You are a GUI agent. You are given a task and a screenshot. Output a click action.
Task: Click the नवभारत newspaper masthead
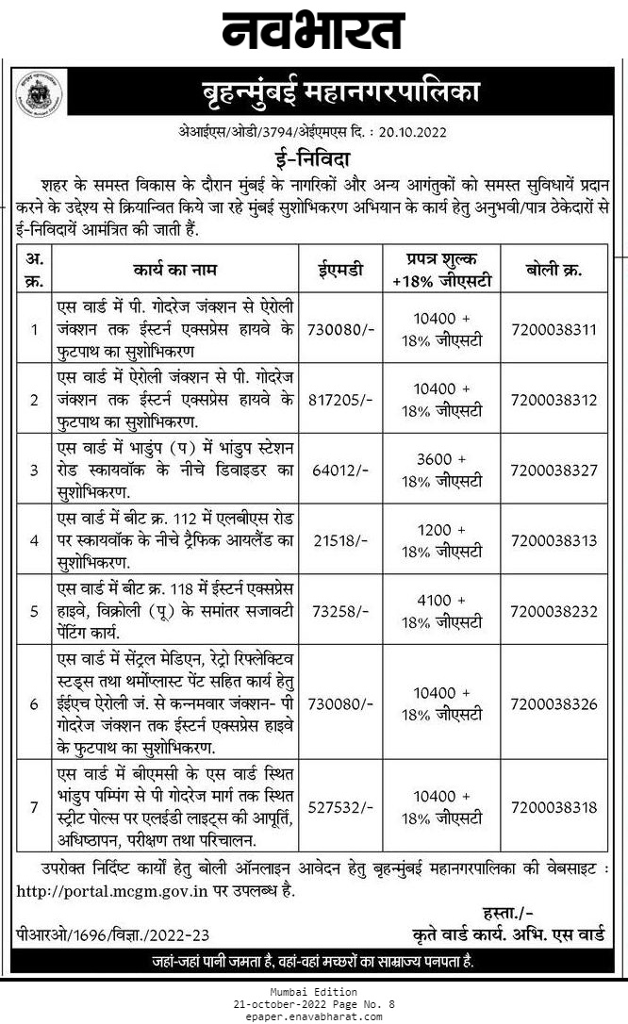(313, 31)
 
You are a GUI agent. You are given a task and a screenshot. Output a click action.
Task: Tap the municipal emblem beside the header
(38, 93)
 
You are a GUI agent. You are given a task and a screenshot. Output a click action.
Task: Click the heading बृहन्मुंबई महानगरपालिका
(340, 92)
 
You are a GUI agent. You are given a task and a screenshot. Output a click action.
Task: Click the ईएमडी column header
(340, 270)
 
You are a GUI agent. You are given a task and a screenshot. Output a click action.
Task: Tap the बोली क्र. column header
(554, 270)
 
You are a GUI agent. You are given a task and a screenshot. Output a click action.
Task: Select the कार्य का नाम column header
(175, 270)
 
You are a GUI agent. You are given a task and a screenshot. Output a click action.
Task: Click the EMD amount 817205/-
(340, 400)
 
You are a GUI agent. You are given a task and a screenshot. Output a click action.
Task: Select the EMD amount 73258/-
(340, 610)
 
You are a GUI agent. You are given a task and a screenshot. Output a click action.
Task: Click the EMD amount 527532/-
(340, 808)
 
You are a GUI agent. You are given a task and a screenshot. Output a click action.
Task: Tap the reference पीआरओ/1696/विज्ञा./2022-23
(112, 933)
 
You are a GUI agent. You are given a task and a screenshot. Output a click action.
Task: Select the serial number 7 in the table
(34, 808)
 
